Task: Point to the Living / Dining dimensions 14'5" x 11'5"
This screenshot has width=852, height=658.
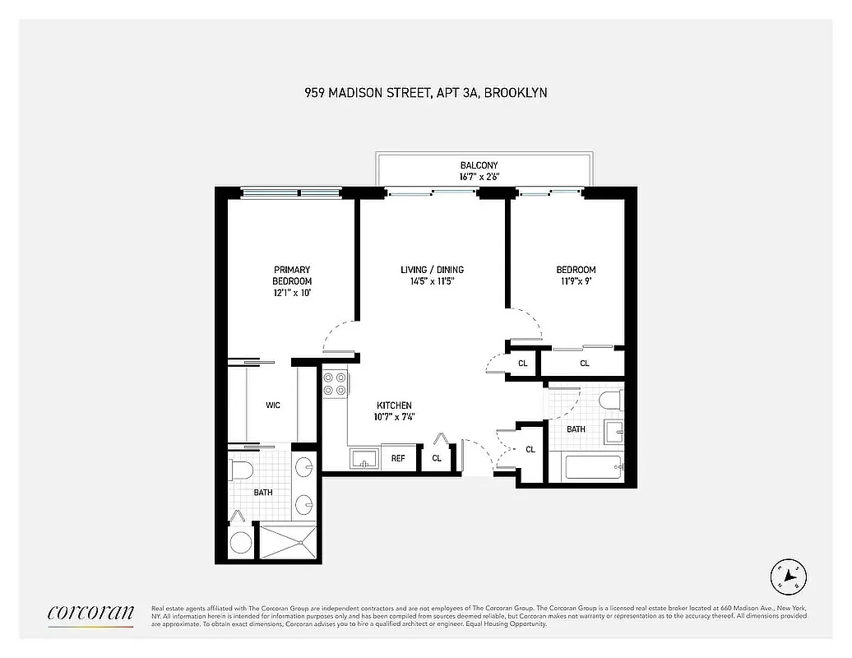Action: tap(432, 281)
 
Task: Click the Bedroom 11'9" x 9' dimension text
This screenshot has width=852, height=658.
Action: tap(576, 281)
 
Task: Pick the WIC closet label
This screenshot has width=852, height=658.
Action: tap(273, 405)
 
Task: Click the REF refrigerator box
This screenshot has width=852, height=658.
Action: tap(398, 458)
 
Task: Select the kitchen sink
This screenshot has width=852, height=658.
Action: tap(363, 457)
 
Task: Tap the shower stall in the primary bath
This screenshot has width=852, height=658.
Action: tap(287, 540)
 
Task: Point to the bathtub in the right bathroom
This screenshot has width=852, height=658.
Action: tap(591, 470)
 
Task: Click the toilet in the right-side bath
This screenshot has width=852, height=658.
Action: tap(610, 401)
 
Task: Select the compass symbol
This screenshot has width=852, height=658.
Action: tap(788, 576)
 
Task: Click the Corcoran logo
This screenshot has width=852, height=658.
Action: tap(90, 613)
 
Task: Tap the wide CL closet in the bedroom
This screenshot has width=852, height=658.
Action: tap(584, 363)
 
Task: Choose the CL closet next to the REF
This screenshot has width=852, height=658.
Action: tap(437, 458)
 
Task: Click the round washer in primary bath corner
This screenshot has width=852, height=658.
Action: tap(241, 542)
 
